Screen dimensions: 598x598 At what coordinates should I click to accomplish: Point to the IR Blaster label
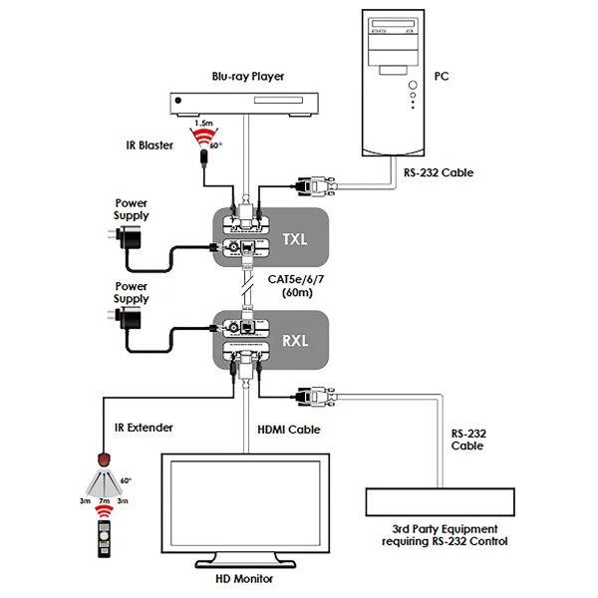click(150, 146)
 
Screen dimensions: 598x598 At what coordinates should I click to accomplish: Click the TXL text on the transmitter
click(293, 238)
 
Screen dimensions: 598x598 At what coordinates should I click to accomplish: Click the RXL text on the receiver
click(293, 339)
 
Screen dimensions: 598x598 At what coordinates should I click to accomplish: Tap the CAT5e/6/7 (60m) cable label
click(295, 287)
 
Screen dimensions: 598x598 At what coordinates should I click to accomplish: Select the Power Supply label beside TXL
click(132, 208)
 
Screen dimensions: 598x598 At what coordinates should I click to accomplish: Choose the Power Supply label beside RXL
click(132, 292)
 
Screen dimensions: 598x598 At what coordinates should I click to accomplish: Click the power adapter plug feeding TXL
click(127, 237)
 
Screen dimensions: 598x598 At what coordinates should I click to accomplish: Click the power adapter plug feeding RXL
click(127, 320)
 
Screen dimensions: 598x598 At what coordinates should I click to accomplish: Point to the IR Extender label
click(146, 428)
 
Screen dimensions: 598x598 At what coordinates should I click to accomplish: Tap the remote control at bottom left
click(103, 539)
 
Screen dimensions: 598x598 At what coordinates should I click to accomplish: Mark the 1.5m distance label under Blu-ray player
click(203, 123)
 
